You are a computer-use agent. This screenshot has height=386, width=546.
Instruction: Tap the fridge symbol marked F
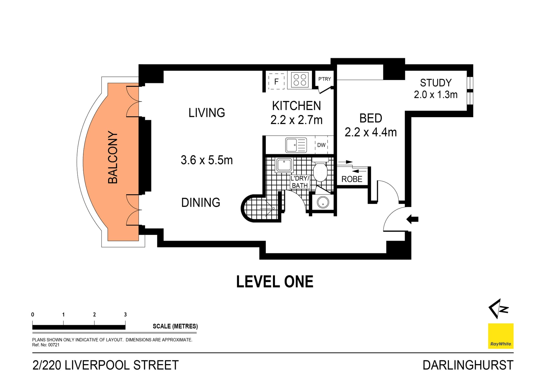tap(276, 82)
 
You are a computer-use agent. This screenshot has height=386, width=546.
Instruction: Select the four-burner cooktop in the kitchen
tap(300, 80)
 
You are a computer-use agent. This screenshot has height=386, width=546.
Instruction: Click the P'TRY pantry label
tap(324, 79)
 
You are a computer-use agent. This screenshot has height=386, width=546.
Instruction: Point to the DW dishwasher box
tap(321, 145)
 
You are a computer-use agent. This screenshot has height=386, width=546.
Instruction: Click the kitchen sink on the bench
tap(296, 145)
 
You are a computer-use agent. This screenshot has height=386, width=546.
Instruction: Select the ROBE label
tap(352, 179)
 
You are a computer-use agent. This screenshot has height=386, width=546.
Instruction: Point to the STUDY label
tap(436, 83)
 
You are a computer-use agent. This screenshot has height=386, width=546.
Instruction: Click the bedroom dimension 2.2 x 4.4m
tap(371, 132)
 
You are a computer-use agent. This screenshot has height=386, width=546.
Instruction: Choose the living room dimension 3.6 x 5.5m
tap(207, 160)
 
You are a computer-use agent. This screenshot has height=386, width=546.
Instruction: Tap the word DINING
tap(201, 203)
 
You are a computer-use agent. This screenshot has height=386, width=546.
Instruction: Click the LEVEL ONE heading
tap(275, 282)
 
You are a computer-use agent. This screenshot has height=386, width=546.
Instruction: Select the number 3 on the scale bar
tap(125, 315)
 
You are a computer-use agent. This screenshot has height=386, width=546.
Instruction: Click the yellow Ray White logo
tap(500, 336)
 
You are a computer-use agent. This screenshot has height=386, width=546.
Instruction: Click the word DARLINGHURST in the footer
tap(468, 365)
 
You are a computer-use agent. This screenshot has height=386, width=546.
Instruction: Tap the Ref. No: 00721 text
tap(46, 345)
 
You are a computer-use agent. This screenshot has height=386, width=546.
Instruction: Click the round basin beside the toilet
tap(323, 202)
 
